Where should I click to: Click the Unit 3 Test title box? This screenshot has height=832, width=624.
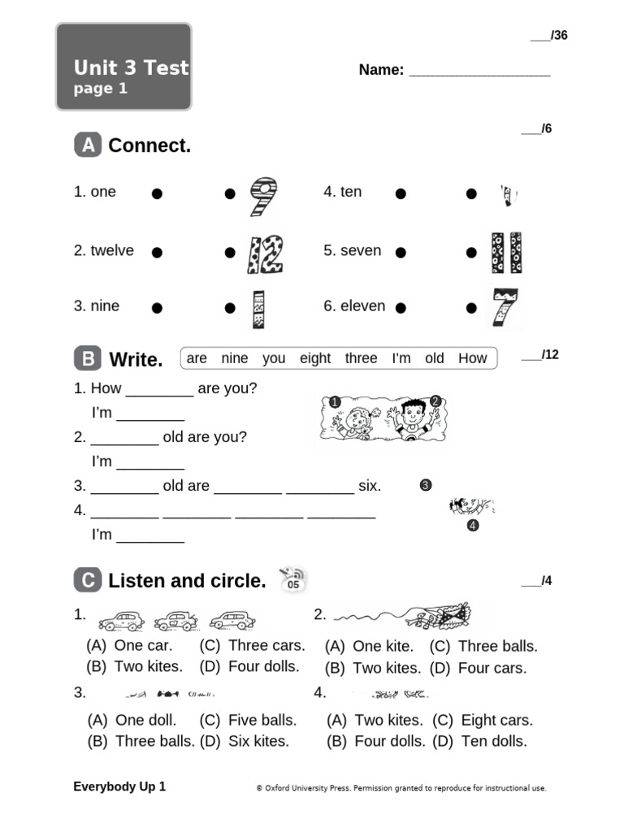tap(123, 67)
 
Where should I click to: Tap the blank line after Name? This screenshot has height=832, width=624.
tap(479, 71)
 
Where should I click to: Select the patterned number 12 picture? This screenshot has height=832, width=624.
tap(265, 254)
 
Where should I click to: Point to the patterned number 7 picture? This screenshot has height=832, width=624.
tap(505, 309)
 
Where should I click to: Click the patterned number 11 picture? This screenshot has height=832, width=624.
tap(506, 253)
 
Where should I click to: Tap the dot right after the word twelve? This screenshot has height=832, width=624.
tap(157, 253)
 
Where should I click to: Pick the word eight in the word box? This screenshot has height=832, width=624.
tap(315, 358)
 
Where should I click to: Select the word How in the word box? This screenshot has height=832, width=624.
tap(472, 358)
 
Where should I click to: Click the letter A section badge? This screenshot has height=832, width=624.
tap(88, 145)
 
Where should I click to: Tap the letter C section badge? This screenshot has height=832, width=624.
tap(88, 580)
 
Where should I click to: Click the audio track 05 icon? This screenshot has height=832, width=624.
tap(292, 579)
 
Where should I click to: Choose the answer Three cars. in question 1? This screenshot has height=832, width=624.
tap(266, 646)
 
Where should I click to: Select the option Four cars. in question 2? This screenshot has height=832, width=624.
tap(492, 668)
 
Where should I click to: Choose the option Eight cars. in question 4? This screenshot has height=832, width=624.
tap(496, 720)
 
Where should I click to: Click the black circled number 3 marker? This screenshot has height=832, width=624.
tap(425, 486)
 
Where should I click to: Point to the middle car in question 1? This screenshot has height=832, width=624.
tap(176, 622)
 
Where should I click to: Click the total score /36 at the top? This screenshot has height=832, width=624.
tap(550, 35)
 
